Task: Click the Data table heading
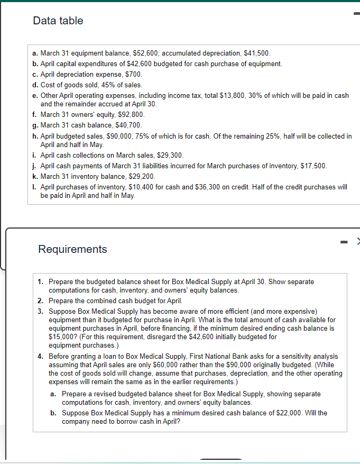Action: [58, 21]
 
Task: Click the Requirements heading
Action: [72, 249]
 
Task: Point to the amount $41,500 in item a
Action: [257, 53]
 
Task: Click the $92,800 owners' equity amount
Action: [132, 114]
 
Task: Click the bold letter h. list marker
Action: [34, 136]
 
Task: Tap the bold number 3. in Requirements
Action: [41, 311]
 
